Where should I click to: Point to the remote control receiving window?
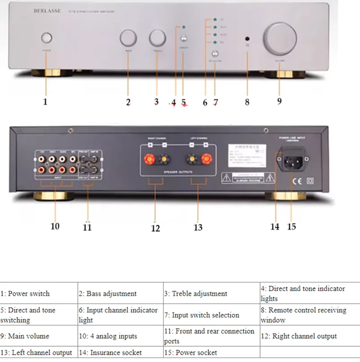coord(247,39)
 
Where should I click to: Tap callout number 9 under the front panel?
coord(279,101)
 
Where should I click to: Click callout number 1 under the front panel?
coord(45,102)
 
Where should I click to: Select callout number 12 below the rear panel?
coord(155,228)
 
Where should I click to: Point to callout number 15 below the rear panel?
coord(292,227)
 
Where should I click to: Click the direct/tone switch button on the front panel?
coord(184,39)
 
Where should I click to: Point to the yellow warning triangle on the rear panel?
coord(225,178)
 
